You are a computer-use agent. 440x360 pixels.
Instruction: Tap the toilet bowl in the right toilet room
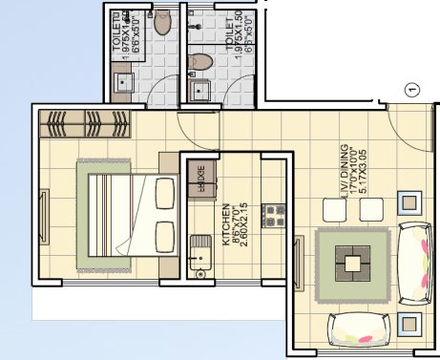coord(201,62)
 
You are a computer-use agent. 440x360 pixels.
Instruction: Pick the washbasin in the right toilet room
coord(200,91)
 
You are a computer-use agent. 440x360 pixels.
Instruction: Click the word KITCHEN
coord(226,220)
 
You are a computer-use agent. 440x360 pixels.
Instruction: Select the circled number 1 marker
coord(412,90)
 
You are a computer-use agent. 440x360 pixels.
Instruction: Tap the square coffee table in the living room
coord(353,257)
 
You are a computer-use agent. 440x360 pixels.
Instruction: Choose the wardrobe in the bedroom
coord(83,123)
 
